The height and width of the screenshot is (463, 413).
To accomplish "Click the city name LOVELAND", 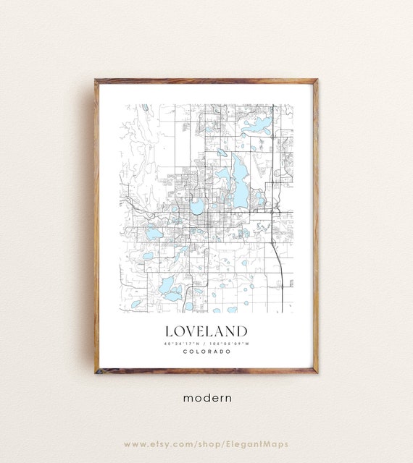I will [206, 331].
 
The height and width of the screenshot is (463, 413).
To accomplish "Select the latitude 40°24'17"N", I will [183, 343].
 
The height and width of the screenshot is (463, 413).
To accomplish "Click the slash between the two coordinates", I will [206, 343].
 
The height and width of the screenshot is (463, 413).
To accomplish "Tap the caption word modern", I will [206, 397].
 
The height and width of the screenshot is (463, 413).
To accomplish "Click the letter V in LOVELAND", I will [191, 331].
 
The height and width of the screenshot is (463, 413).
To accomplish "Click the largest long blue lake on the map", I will [238, 178].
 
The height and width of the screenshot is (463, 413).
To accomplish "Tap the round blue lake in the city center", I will [197, 208].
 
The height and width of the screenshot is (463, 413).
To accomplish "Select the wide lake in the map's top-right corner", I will [258, 127].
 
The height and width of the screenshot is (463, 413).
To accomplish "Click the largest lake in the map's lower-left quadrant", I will [167, 285].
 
